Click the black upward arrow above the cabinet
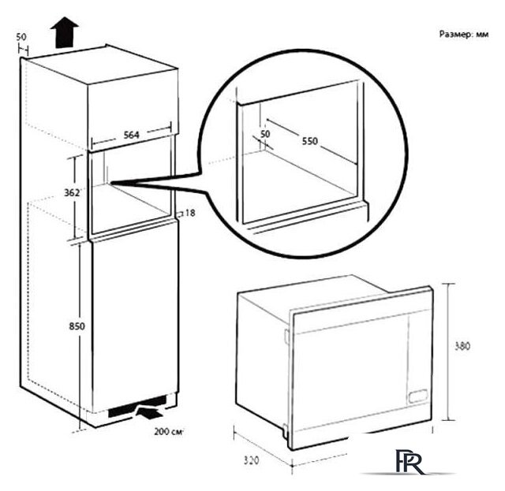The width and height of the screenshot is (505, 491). tap(65, 32)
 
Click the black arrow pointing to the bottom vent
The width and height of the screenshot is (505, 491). tap(149, 413)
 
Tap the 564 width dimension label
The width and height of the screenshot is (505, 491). tap(132, 135)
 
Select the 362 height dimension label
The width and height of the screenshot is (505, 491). tap(72, 193)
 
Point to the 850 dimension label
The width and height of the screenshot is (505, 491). tap(77, 326)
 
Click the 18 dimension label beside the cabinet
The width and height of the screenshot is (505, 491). tap(190, 213)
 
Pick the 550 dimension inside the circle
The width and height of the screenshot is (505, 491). tap(309, 141)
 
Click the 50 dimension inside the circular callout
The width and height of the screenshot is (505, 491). tap(265, 134)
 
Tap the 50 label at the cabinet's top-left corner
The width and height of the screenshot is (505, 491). tap(21, 37)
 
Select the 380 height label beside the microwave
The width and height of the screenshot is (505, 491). tap(462, 346)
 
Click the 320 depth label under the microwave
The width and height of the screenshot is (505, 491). tap(251, 461)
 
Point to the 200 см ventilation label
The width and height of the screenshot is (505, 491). tap(168, 432)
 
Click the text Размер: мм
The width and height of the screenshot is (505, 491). tap(464, 34)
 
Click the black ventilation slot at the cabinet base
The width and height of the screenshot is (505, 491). tap(137, 406)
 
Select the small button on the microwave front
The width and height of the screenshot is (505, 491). tap(417, 396)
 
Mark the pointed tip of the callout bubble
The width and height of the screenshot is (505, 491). tap(111, 183)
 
